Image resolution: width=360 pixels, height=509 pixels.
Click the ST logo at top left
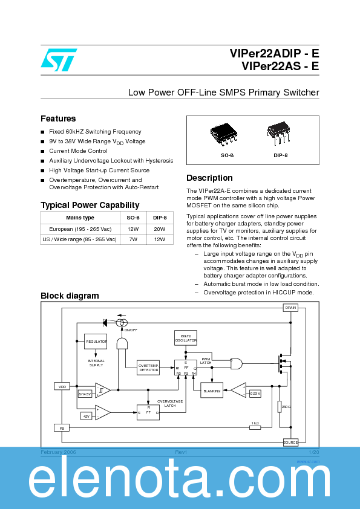coord(58,59)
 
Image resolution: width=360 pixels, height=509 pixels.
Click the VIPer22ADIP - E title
coord(274,54)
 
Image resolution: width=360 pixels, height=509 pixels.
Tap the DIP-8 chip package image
coord(278,135)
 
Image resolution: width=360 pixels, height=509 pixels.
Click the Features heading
coord(58,118)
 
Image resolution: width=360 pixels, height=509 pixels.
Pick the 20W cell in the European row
coord(159,229)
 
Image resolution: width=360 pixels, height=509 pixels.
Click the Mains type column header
coord(80,218)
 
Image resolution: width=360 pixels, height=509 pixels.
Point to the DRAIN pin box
coord(290,308)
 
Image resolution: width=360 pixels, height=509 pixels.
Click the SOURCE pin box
coord(290,442)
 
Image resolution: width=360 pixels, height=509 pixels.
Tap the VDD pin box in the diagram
coord(61,386)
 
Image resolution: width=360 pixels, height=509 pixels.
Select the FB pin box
coord(61,427)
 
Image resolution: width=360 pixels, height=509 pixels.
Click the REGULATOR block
coord(96,342)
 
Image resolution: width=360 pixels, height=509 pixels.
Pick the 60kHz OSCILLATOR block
coord(185,339)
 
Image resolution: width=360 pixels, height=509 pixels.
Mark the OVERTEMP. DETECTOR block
coord(148,368)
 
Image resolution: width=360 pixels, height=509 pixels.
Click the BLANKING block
coord(211,391)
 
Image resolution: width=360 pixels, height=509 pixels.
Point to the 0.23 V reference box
coord(255,394)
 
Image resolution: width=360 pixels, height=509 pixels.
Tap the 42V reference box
coord(86,416)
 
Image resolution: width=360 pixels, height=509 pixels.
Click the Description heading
coord(209,178)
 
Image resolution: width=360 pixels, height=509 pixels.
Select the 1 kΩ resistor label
coord(255,423)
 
